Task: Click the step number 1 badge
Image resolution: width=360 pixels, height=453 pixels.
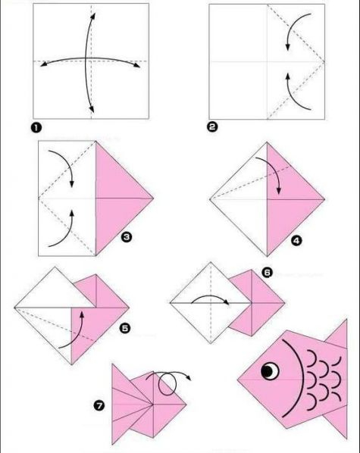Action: click(36, 127)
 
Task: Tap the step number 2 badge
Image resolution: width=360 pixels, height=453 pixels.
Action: click(212, 127)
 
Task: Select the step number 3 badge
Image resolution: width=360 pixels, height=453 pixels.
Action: click(127, 237)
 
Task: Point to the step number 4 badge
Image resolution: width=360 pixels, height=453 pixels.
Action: click(296, 240)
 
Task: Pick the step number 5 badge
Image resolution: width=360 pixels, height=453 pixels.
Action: click(125, 328)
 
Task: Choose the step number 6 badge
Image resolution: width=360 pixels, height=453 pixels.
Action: click(267, 273)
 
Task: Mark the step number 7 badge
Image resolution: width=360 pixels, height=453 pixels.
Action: click(99, 406)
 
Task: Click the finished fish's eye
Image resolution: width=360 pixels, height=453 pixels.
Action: click(270, 370)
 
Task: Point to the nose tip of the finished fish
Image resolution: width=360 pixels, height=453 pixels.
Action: click(238, 379)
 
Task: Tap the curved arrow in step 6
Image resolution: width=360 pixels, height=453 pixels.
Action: click(211, 296)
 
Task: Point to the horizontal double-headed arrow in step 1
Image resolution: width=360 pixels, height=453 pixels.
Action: click(89, 59)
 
